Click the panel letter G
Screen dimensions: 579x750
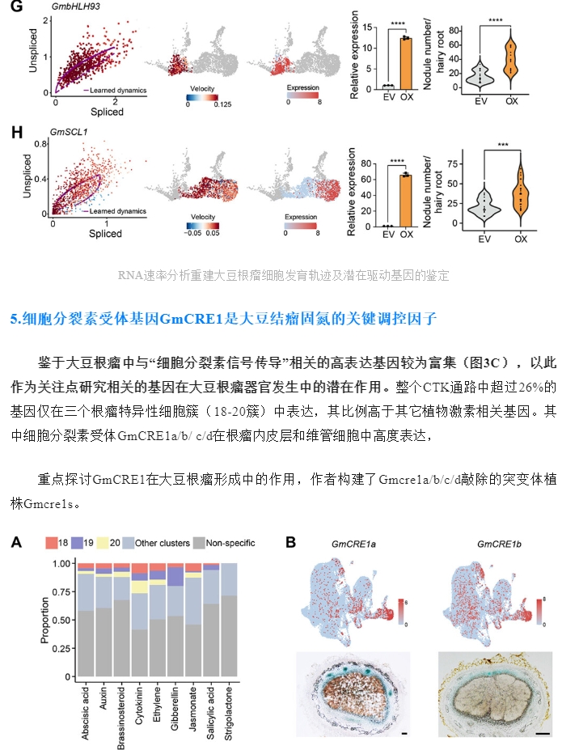coord(16,6)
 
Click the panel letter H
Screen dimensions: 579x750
coord(17,132)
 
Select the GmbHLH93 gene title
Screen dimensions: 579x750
coord(75,6)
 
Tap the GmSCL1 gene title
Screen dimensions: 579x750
coord(69,132)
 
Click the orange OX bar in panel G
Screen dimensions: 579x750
coord(407,63)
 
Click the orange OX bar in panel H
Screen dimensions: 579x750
coord(406,201)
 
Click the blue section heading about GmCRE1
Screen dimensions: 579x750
coord(223,319)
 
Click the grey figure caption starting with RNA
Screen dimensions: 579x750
coord(284,276)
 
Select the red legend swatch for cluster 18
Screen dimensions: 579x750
coord(51,543)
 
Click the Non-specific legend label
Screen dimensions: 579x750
coord(230,543)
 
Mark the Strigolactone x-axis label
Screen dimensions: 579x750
coord(229,713)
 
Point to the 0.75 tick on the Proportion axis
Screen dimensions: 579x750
coord(61,591)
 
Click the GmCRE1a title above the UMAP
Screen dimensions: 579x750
coord(353,544)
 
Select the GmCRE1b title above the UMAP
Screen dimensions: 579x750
coord(499,544)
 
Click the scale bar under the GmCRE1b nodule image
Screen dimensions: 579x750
coord(543,733)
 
